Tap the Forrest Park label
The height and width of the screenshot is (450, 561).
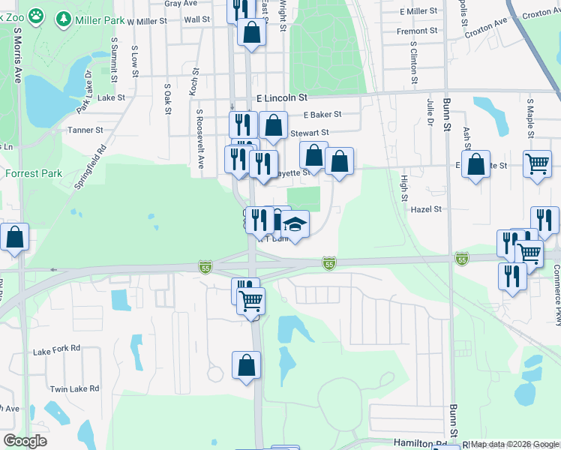pos(33,173)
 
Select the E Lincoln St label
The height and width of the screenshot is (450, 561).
pos(282,98)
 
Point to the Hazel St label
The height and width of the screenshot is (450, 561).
pos(426,210)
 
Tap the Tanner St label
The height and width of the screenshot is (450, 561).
pos(85,130)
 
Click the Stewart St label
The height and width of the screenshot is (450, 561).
pos(309,132)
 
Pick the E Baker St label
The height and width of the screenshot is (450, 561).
pos(322,115)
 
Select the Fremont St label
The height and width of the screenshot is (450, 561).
pos(417,31)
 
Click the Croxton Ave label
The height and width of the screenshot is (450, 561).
pos(485,28)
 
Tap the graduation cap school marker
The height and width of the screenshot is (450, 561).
pos(295,223)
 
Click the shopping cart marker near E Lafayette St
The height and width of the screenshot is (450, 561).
pos(537,162)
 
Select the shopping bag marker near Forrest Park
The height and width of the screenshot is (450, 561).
pos(15,236)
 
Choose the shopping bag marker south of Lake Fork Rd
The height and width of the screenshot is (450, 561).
pos(246,365)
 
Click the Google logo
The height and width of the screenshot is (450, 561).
pos(25,441)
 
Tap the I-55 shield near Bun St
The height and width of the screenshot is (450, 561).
pos(462,258)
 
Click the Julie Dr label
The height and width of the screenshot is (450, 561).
pos(430,110)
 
